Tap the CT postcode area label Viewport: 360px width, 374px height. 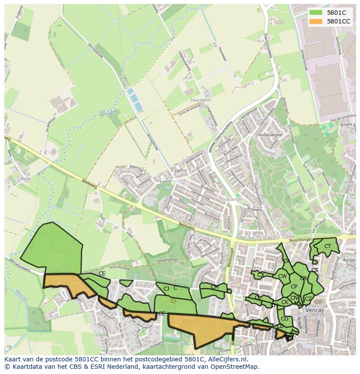click(x=327, y=246)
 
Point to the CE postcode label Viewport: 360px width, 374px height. click(x=102, y=274)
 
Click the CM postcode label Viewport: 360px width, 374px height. click(x=214, y=287)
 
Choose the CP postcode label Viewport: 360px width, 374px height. click(x=294, y=287)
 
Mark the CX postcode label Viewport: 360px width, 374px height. click(x=260, y=275)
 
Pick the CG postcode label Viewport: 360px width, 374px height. click(x=284, y=319)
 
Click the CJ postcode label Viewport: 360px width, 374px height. click(x=166, y=288)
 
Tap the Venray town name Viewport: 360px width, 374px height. click(x=314, y=310)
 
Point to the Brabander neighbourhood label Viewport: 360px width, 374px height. click(x=231, y=199)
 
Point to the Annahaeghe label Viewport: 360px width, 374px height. click(x=270, y=135)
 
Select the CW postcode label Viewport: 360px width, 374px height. click(x=282, y=276)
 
